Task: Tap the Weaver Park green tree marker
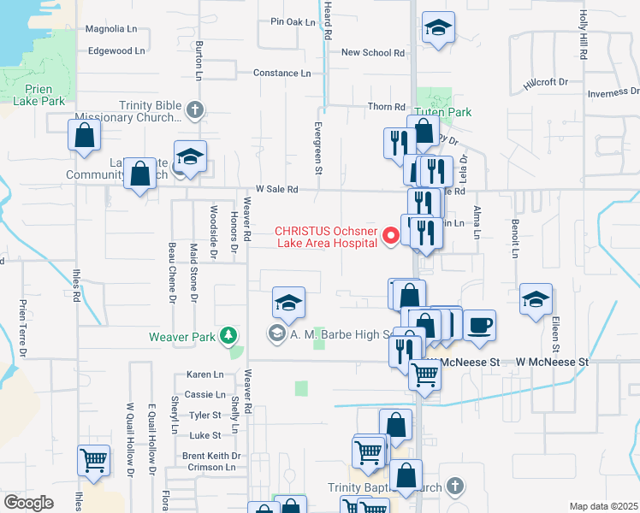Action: (228, 336)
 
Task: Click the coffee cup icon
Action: (479, 325)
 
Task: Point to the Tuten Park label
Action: (443, 112)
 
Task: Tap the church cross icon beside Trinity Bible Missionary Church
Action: (196, 109)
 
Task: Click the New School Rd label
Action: (372, 53)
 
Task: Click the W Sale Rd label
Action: (277, 189)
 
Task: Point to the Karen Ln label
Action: (205, 375)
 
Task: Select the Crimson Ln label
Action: (218, 468)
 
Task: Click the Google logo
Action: (29, 503)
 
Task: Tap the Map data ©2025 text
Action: (602, 506)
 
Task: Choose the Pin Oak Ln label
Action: (293, 21)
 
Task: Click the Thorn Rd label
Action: (386, 106)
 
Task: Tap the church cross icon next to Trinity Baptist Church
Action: (454, 486)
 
